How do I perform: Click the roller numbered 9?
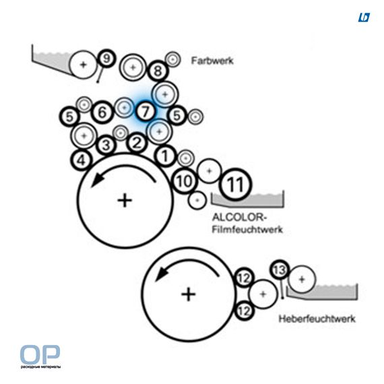pyautogui.click(x=106, y=59)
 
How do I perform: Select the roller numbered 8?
pyautogui.click(x=158, y=71)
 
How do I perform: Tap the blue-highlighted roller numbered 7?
pyautogui.click(x=146, y=111)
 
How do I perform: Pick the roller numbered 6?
pyautogui.click(x=102, y=113)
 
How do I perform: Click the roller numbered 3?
pyautogui.click(x=106, y=146)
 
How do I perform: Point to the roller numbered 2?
pyautogui.click(x=137, y=143)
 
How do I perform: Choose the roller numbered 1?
pyautogui.click(x=165, y=156)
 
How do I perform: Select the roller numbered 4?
pyautogui.click(x=82, y=160)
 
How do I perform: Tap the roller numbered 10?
pyautogui.click(x=184, y=181)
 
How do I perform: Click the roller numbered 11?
pyautogui.click(x=235, y=184)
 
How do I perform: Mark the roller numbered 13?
pyautogui.click(x=280, y=269)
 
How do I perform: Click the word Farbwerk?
pyautogui.click(x=212, y=61)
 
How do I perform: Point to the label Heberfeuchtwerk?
pyautogui.click(x=317, y=319)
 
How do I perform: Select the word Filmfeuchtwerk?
pyautogui.click(x=247, y=230)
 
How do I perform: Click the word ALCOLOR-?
pyautogui.click(x=239, y=217)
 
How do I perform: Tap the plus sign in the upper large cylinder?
pyautogui.click(x=125, y=201)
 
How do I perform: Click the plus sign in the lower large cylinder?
pyautogui.click(x=189, y=294)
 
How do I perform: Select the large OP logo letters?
pyautogui.click(x=40, y=354)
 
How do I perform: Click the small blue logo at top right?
pyautogui.click(x=364, y=18)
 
